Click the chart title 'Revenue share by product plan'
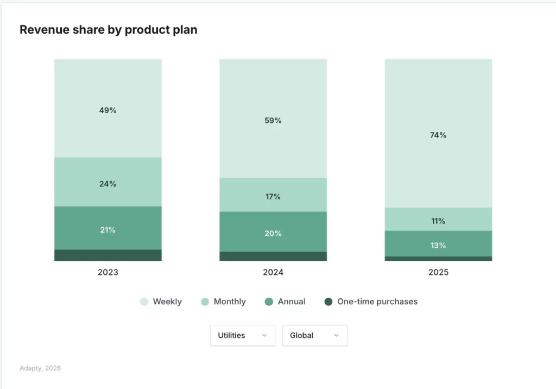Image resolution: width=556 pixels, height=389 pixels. (x=108, y=30)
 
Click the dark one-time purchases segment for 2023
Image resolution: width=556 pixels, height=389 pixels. (x=108, y=255)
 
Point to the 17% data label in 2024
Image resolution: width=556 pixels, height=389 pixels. (x=273, y=197)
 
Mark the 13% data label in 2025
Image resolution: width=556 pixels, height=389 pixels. (x=438, y=246)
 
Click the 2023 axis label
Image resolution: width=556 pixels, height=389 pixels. (x=108, y=272)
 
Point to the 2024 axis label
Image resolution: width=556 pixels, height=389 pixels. (x=273, y=272)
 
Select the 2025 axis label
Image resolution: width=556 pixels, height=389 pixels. (x=438, y=272)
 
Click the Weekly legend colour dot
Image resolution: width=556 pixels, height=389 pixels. (x=144, y=302)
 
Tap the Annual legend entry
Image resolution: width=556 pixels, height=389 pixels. (x=285, y=302)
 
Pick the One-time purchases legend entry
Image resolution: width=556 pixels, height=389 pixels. (x=371, y=302)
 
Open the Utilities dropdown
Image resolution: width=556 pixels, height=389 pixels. (x=242, y=336)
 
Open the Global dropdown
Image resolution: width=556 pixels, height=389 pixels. (x=314, y=336)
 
